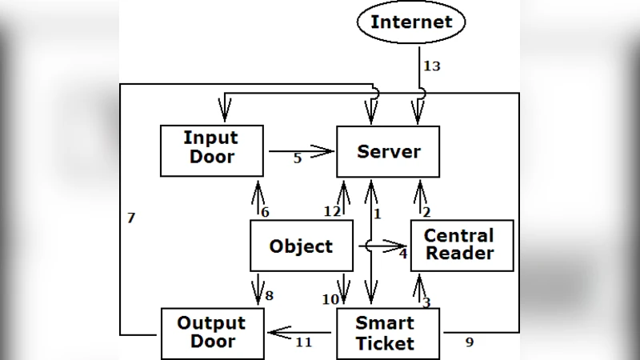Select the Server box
(388, 151)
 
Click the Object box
(302, 246)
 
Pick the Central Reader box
(462, 246)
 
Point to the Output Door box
(212, 334)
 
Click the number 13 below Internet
(431, 66)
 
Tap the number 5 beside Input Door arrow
(298, 158)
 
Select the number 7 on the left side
(131, 218)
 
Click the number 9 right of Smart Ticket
(470, 342)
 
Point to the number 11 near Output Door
(303, 342)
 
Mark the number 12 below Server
(332, 211)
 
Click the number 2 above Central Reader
(426, 212)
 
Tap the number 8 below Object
(269, 295)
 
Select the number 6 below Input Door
(265, 212)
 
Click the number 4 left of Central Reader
(402, 254)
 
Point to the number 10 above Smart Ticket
(330, 299)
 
